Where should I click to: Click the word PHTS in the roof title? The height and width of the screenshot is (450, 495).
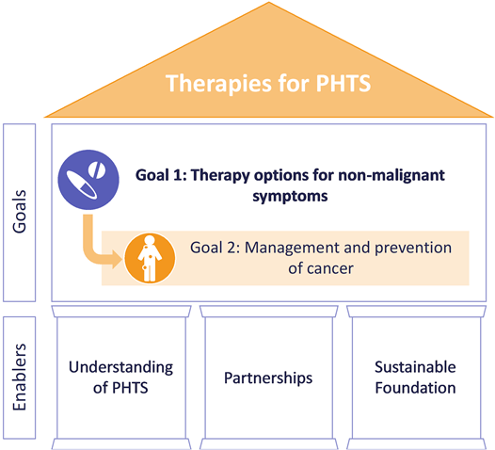click(x=343, y=83)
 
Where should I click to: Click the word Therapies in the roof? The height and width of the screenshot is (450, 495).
click(x=218, y=84)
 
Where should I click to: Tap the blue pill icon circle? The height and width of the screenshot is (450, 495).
click(x=88, y=180)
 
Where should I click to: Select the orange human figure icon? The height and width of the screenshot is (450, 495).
click(x=150, y=259)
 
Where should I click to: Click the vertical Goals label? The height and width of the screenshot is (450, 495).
click(x=19, y=212)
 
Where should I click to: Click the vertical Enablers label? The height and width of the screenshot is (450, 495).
click(x=19, y=378)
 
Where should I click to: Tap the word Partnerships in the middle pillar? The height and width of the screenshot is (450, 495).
click(x=268, y=378)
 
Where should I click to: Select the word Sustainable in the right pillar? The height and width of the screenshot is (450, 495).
click(x=415, y=367)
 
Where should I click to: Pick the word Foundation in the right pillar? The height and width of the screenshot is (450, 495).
click(x=415, y=388)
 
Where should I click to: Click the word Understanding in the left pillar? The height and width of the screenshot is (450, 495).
click(x=120, y=368)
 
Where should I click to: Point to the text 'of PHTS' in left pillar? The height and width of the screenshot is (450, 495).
click(x=120, y=388)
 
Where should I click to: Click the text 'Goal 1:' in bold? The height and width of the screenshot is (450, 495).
click(x=161, y=175)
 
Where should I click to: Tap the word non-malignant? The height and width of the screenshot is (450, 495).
click(x=391, y=176)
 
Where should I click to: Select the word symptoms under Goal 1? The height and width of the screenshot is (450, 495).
click(x=290, y=197)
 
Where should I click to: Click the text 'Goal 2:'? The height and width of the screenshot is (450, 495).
click(x=216, y=248)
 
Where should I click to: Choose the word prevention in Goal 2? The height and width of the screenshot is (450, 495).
click(x=413, y=249)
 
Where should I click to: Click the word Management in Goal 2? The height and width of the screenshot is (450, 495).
click(x=293, y=249)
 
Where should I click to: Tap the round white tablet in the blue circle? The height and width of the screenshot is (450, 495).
click(x=97, y=170)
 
